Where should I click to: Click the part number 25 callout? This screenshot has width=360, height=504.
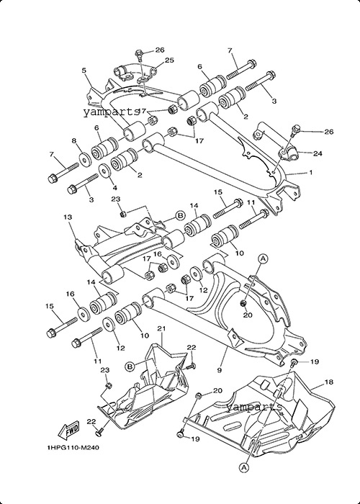click(169, 60)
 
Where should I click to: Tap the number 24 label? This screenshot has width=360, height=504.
click(318, 153)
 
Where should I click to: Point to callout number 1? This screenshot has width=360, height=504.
click(310, 173)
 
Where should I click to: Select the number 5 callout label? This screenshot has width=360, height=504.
click(84, 71)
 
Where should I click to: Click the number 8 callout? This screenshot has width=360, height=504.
click(74, 140)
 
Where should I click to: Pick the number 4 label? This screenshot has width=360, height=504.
click(114, 188)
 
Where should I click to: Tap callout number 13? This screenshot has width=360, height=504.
click(68, 217)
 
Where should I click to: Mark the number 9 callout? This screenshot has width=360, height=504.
click(219, 370)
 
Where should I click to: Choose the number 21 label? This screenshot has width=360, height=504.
click(161, 328)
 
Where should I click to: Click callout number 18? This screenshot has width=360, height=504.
click(329, 382)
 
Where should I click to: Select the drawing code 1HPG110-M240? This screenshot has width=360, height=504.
click(73, 448)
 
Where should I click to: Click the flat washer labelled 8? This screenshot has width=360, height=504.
click(85, 159)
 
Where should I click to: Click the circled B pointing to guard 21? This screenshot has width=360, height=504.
click(130, 366)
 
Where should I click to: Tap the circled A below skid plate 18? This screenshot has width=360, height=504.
click(244, 467)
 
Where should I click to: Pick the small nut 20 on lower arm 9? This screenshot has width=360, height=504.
click(243, 303)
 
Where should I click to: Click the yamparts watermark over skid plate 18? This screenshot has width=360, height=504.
click(254, 407)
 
